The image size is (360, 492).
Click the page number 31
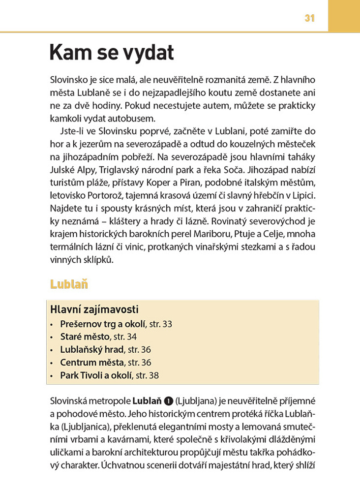309,19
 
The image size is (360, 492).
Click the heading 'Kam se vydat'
112,53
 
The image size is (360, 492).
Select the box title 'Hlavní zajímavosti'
94,309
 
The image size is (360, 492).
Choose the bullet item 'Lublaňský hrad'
92,350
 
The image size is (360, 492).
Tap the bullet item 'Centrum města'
92,363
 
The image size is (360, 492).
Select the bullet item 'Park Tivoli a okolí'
96,375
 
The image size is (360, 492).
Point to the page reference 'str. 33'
160,324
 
